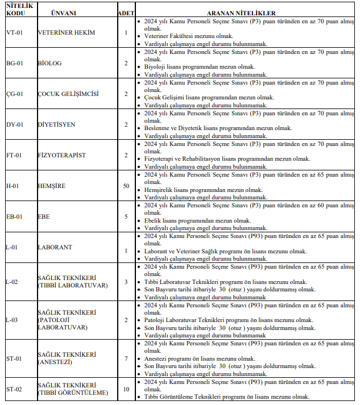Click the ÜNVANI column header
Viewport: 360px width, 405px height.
coord(64,12)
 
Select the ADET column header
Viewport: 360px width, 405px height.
coord(126,12)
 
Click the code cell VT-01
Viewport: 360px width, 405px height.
coord(14,32)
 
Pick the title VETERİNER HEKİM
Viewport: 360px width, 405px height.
coord(67,32)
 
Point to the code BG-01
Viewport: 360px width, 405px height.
coord(14,63)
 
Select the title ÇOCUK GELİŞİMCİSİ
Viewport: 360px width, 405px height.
coord(69,94)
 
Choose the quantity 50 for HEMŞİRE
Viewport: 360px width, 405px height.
coord(126,186)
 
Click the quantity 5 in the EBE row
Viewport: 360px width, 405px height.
coord(126,216)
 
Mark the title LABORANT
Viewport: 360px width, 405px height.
coord(56,247)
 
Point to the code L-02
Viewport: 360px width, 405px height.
coord(12,282)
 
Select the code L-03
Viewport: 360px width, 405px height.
coord(12,320)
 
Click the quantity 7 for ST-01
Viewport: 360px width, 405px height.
coord(126,358)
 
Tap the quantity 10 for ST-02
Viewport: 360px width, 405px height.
coord(126,389)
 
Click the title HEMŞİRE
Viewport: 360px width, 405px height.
coord(52,186)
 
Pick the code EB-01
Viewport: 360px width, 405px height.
coord(14,216)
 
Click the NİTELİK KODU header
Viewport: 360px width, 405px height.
coord(19,9)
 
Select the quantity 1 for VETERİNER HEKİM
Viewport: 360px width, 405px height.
coord(126,32)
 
